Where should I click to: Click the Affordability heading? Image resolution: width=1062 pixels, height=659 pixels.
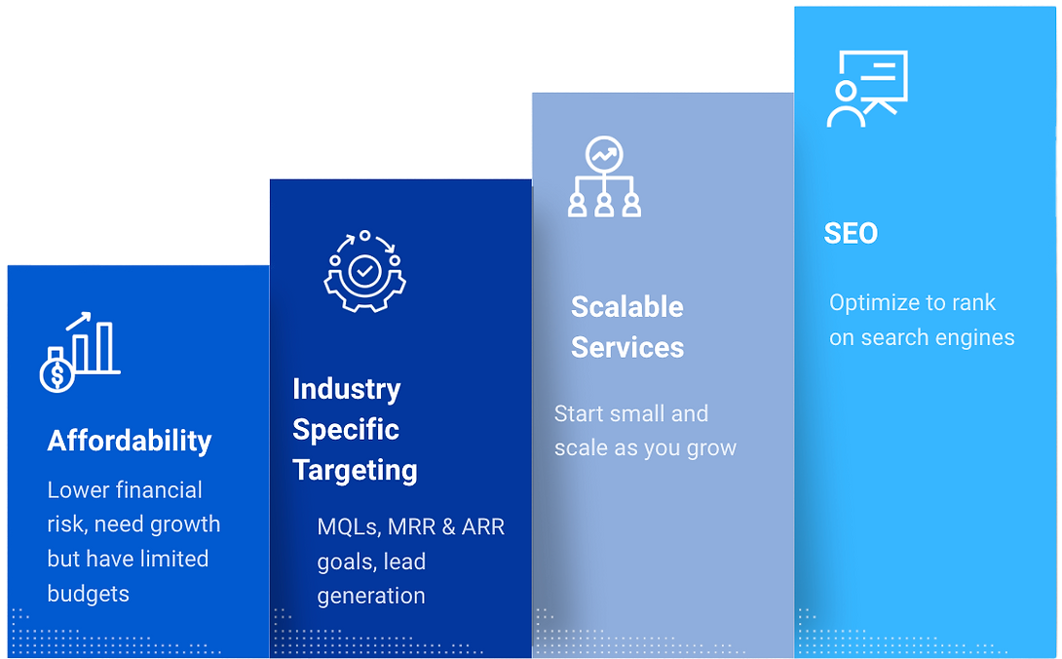130,442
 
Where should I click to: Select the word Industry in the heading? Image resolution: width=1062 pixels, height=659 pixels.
347,390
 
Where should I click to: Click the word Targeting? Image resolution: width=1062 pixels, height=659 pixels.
355,471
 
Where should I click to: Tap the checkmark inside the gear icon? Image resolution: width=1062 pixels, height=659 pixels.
365,271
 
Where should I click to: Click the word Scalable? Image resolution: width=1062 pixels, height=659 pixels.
627,306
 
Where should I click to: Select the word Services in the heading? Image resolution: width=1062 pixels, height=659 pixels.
627,347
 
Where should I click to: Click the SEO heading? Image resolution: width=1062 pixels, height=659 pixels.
851,233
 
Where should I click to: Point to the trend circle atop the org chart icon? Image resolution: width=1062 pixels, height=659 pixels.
604,155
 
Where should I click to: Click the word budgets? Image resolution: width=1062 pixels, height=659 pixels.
88,594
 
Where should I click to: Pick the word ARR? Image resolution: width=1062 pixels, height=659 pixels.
483,526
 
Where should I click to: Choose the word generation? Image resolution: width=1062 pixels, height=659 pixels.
371,596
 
